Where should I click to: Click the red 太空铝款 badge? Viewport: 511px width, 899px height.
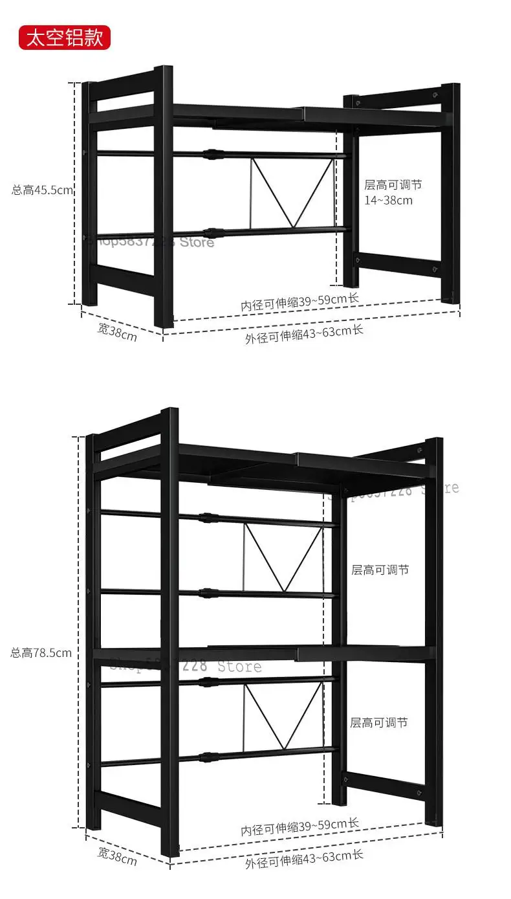pos(65,37)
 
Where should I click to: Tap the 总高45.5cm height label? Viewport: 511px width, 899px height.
pos(43,190)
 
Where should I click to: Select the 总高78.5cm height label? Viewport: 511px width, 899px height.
pos(41,652)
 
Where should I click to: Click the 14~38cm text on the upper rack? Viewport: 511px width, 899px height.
pos(388,200)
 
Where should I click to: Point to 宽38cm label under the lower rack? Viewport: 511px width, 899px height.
pos(117,856)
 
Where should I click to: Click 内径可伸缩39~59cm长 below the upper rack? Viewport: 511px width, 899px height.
pos(299,301)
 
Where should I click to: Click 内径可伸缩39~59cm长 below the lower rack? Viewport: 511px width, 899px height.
pos(299,827)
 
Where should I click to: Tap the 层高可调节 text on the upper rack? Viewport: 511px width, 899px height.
pos(393,184)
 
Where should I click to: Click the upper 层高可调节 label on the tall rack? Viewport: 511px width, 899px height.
pos(380,570)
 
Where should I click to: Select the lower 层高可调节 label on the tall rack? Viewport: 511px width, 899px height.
pos(379,722)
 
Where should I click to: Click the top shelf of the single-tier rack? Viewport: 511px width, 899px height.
pos(272,114)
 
